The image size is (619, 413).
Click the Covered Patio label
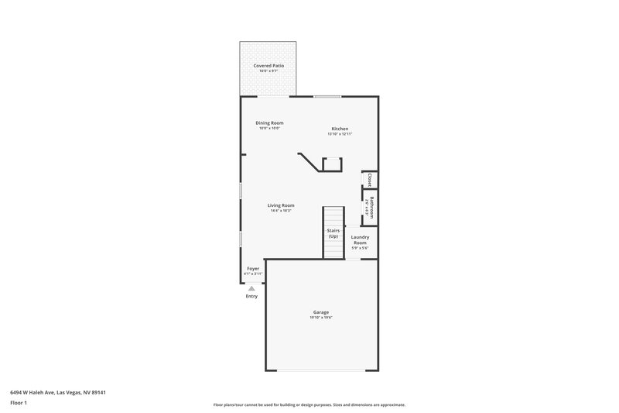[269, 66]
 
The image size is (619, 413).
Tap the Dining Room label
[270, 122]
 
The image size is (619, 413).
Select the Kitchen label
[340, 128]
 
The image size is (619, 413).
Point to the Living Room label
[281, 205]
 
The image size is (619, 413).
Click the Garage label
[321, 311]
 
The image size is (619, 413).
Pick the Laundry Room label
[360, 240]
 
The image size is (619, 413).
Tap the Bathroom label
[371, 208]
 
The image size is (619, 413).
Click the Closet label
[370, 180]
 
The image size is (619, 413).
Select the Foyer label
[253, 268]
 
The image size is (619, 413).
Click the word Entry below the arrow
[251, 296]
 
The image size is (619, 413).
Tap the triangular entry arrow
[251, 288]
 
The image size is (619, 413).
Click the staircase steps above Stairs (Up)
[333, 216]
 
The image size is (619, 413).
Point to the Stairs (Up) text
[333, 232]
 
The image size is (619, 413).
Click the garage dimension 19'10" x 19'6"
[321, 317]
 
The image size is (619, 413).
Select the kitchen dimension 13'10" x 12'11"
[340, 134]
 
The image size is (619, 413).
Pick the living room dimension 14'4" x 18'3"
[282, 211]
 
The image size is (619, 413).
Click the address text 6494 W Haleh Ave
[58, 392]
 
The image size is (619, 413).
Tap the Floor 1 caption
[19, 403]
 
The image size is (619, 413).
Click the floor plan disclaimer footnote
[309, 404]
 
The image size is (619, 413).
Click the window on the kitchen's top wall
[327, 96]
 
